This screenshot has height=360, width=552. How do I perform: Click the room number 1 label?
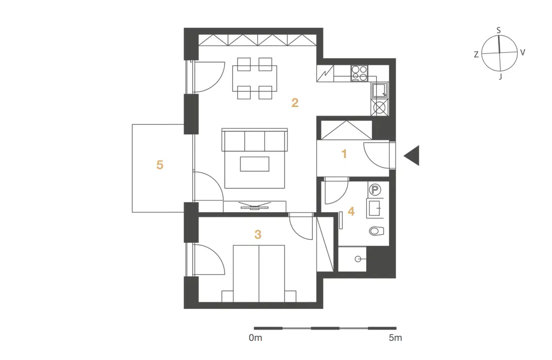[344, 154]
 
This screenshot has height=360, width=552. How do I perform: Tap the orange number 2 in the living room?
[295, 102]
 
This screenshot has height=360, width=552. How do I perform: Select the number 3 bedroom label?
[258, 234]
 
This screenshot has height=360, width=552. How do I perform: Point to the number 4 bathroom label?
[351, 212]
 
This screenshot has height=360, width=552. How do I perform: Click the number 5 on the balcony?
[160, 165]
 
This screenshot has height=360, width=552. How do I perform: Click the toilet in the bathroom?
[376, 231]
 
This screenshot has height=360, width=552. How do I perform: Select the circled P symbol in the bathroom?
[375, 190]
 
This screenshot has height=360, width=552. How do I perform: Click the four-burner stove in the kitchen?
[359, 73]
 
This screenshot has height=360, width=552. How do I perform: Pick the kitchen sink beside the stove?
[379, 90]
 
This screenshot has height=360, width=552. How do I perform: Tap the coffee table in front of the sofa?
[254, 164]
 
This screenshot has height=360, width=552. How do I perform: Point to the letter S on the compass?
[499, 31]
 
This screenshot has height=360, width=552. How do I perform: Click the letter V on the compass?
[523, 53]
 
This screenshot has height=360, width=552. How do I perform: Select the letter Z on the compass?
[476, 55]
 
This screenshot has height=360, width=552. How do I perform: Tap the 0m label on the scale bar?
[255, 338]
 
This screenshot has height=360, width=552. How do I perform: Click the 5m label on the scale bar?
[396, 338]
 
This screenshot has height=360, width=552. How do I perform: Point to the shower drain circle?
[358, 259]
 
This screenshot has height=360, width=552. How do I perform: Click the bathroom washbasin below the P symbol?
[375, 208]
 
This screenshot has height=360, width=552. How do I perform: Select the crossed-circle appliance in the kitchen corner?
[379, 108]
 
